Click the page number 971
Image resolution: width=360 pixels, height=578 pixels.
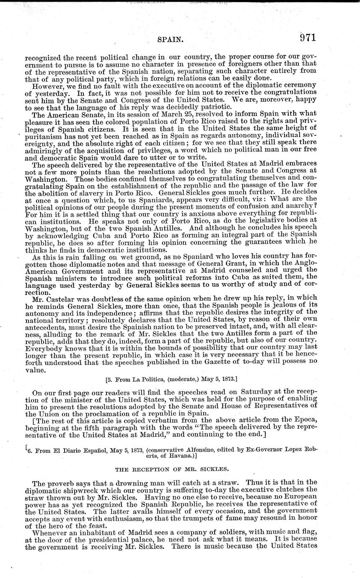click(307, 37)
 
